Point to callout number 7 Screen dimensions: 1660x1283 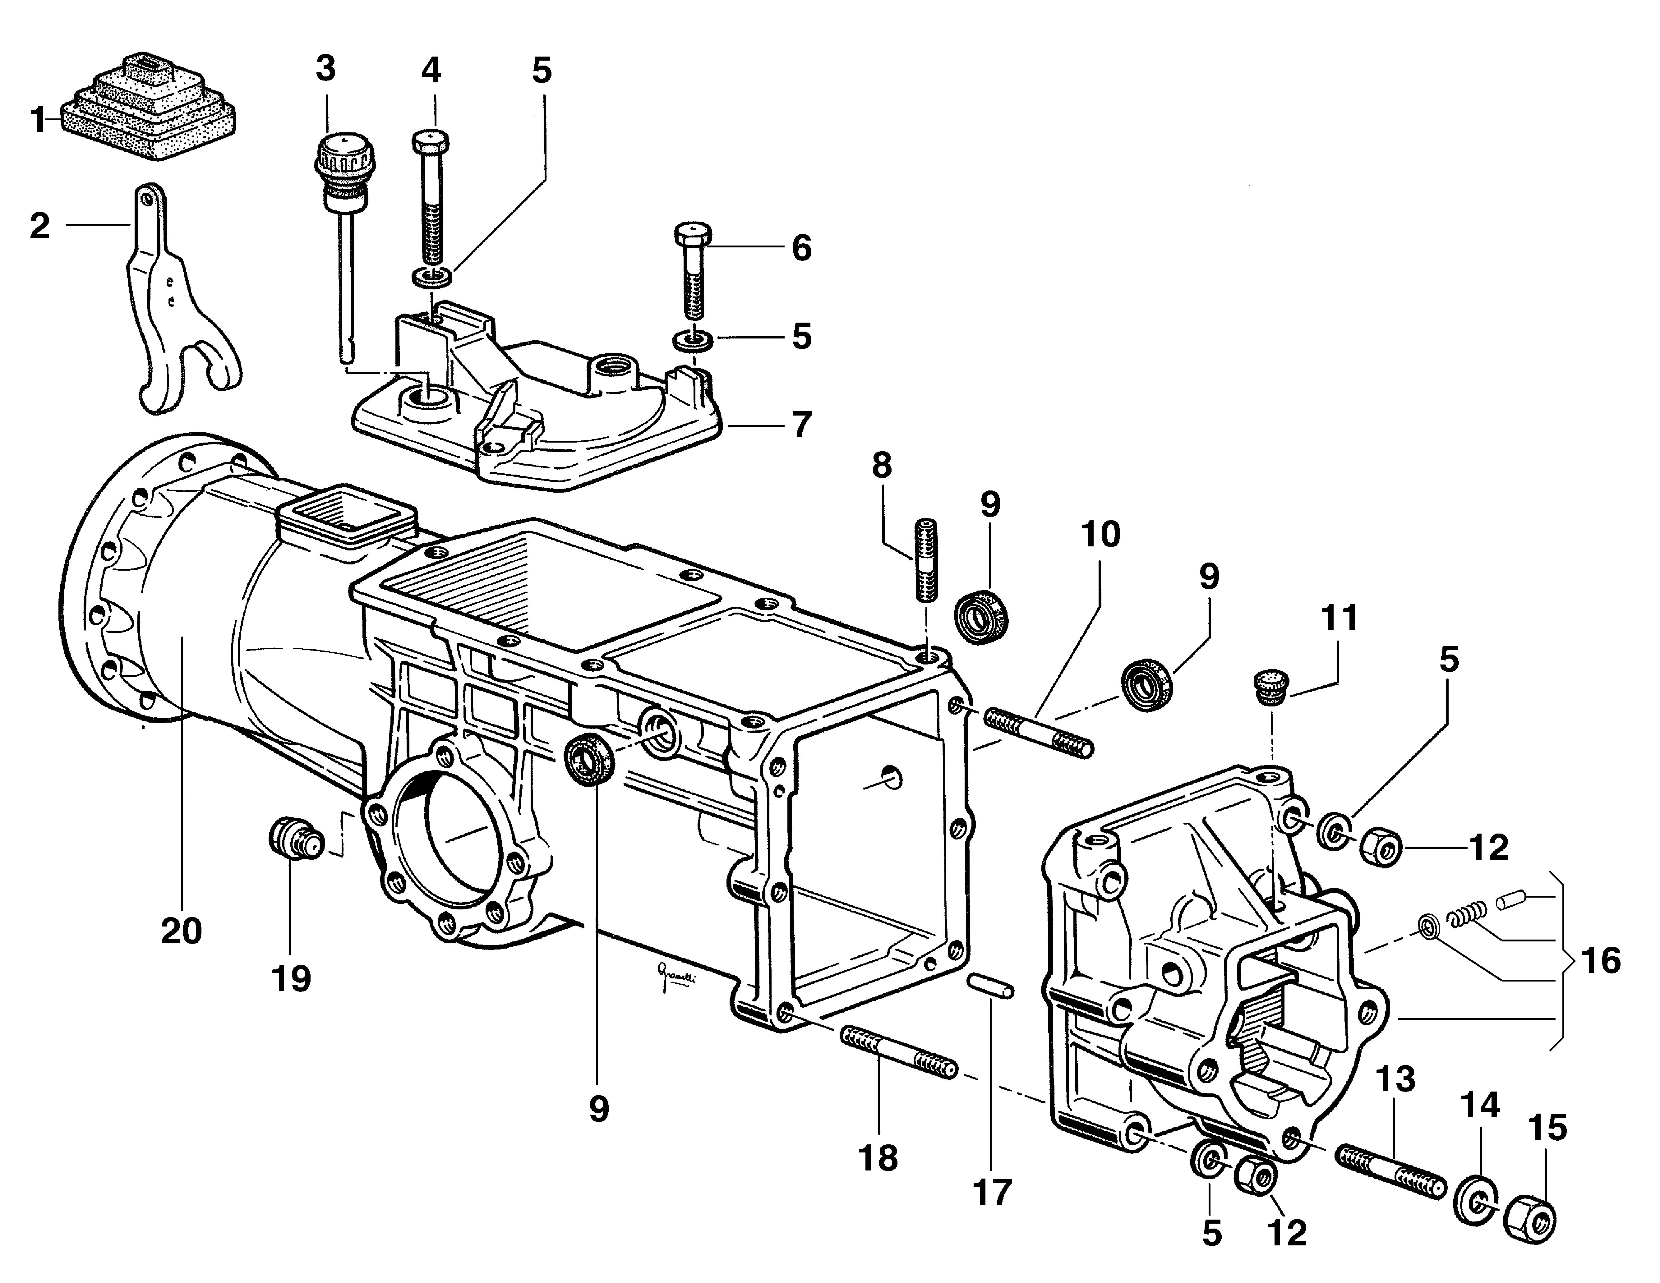tap(801, 424)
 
